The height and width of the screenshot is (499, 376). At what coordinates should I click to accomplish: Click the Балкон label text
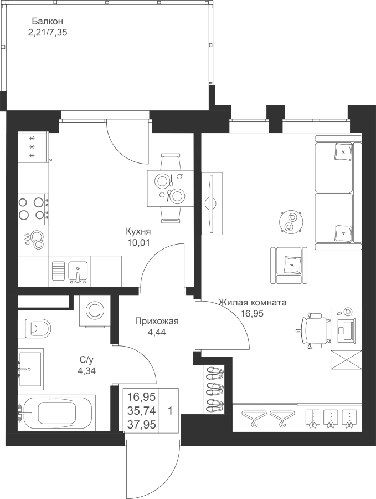pyautogui.click(x=47, y=21)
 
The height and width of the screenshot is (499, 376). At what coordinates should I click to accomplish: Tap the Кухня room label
pyautogui.click(x=138, y=231)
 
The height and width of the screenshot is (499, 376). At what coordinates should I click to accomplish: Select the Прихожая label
pyautogui.click(x=157, y=321)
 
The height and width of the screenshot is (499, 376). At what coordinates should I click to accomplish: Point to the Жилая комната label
pyautogui.click(x=253, y=302)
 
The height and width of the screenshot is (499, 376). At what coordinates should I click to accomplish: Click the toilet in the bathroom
pyautogui.click(x=34, y=328)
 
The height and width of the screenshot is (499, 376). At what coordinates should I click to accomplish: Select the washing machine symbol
pyautogui.click(x=94, y=311)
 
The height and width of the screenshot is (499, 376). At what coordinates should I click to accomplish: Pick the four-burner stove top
pyautogui.click(x=33, y=208)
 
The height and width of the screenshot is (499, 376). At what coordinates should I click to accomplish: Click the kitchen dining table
pyautogui.click(x=171, y=189)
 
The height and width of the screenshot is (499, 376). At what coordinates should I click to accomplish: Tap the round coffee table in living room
pyautogui.click(x=290, y=222)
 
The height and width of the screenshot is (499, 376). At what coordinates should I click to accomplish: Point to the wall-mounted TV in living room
pyautogui.click(x=212, y=203)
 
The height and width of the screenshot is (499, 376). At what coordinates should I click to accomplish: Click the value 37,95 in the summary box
pyautogui.click(x=141, y=425)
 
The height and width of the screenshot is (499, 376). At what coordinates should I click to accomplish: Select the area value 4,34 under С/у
pyautogui.click(x=86, y=371)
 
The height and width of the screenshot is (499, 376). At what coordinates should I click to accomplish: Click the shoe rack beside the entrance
pyautogui.click(x=215, y=390)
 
